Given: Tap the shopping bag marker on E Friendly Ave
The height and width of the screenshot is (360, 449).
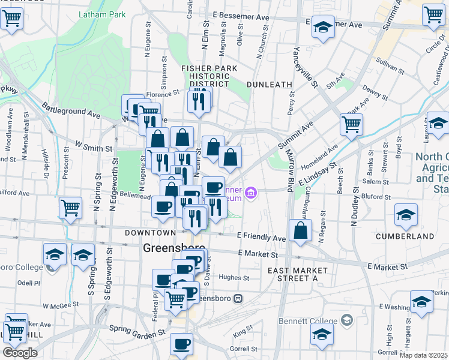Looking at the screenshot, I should tap(300, 230).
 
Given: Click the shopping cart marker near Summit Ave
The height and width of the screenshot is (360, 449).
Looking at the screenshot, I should tap(351, 125).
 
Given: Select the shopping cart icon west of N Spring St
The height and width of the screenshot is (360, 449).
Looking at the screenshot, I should tap(71, 208).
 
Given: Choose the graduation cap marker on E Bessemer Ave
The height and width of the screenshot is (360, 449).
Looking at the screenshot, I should tap(323, 28).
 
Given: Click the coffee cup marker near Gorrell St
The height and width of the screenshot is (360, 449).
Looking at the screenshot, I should tap(181, 344).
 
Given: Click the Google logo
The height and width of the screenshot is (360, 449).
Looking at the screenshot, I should tap(20, 353).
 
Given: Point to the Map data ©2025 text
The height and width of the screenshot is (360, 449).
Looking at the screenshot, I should tap(423, 355).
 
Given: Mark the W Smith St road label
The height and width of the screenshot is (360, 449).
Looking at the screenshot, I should tap(94, 146).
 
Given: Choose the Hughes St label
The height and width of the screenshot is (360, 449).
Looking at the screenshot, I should tap(234, 277).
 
